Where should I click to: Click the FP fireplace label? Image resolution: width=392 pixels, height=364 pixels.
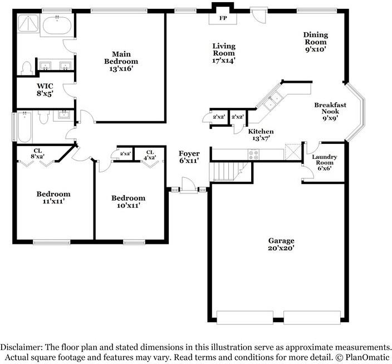tap(223, 18)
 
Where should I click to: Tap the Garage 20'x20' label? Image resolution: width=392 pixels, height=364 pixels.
tap(281, 245)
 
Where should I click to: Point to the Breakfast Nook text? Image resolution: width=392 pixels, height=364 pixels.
tap(330, 108)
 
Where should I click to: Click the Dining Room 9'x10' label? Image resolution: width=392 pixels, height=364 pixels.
tap(316, 42)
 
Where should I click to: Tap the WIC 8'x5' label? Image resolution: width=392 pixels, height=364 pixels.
tap(45, 90)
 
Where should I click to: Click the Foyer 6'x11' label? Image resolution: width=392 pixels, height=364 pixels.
tap(189, 157)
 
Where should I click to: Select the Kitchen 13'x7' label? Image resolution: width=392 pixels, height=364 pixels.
tap(261, 134)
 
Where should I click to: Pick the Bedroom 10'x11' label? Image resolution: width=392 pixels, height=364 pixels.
tap(128, 202)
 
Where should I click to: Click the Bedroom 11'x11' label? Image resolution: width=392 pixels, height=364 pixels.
tap(53, 197)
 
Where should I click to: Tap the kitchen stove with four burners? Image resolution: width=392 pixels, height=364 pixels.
tap(253, 154)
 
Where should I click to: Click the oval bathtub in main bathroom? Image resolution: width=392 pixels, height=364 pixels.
tap(57, 26)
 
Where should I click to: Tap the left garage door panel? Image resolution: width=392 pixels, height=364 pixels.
tap(245, 317)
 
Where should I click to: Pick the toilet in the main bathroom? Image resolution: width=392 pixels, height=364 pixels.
tap(26, 68)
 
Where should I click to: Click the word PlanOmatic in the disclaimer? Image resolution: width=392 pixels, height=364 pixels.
tap(367, 357)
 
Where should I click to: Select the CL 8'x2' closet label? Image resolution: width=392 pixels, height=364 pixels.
tap(38, 153)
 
